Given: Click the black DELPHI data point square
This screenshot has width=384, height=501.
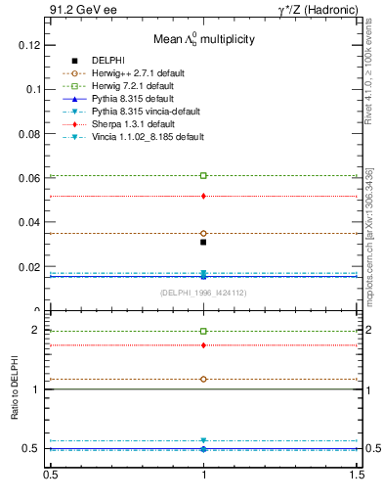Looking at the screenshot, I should point(203,242).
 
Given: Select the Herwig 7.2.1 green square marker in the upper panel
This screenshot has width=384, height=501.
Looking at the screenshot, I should point(203,175).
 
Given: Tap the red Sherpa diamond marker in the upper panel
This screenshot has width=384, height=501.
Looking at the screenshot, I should point(203,196).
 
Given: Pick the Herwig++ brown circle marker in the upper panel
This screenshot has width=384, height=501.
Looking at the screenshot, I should point(203,234).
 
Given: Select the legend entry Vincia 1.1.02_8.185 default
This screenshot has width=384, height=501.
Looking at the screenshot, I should point(146,137).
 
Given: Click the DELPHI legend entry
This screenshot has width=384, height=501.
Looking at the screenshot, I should point(107,61).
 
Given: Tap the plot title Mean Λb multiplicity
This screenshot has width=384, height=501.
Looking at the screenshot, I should point(203,39).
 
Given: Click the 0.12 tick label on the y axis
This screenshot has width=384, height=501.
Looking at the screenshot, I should point(26,45).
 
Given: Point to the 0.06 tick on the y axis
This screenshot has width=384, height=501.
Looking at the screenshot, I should point(26,178).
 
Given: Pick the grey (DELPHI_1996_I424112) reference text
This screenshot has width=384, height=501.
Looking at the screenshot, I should point(202,292).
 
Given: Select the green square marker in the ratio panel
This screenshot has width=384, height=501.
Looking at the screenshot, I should point(203,331).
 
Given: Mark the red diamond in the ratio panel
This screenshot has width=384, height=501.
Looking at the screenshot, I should point(203,344).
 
